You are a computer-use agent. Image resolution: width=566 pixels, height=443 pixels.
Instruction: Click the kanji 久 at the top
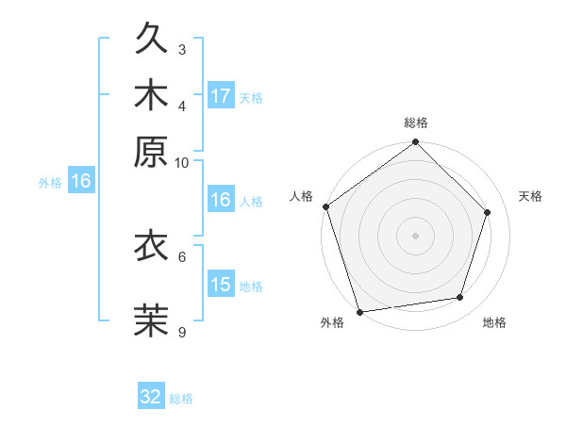click(x=151, y=41)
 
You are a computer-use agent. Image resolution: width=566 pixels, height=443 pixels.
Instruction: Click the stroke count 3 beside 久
click(x=182, y=49)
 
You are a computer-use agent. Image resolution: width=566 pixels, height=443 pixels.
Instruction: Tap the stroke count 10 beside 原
click(x=182, y=162)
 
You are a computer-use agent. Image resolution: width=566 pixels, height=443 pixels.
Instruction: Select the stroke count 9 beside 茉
click(x=182, y=332)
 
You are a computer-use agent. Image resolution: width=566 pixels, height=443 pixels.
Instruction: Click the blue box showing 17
click(x=221, y=96)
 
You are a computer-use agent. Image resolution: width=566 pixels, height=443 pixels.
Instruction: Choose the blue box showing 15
click(x=221, y=285)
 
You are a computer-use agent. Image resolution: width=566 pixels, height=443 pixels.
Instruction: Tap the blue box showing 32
click(x=151, y=397)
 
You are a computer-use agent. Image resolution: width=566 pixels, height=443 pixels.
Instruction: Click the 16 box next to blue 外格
click(x=81, y=182)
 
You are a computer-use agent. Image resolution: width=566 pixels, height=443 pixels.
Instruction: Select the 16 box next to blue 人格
click(x=221, y=200)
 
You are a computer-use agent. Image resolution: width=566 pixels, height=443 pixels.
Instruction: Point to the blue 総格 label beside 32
click(x=182, y=399)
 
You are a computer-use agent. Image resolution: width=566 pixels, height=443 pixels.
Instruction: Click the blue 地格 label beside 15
click(x=251, y=287)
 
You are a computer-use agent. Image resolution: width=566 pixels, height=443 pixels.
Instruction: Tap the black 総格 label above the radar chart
click(x=415, y=123)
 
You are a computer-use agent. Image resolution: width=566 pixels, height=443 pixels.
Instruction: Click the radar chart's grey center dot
click(x=415, y=235)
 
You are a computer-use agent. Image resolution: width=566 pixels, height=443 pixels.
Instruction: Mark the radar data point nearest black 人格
click(x=326, y=206)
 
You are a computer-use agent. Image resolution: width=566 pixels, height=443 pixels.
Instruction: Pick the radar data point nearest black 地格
click(x=460, y=298)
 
